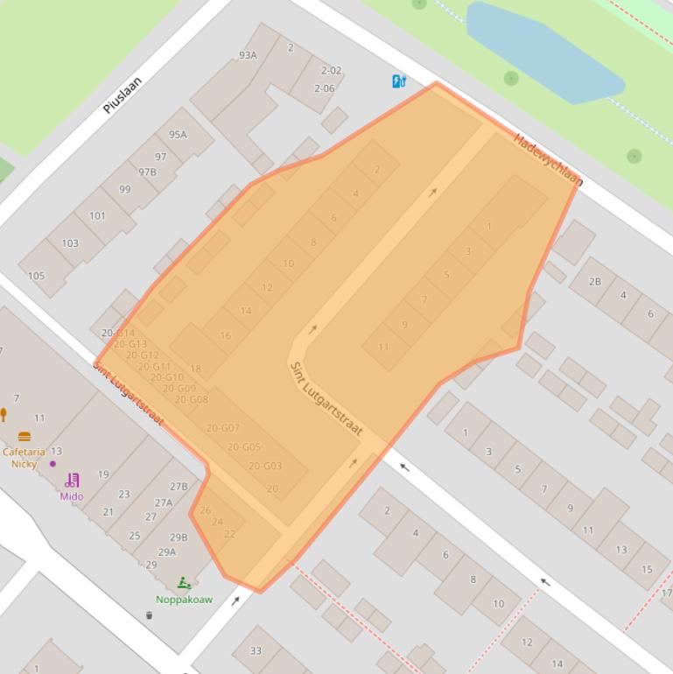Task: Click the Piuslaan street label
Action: coord(122,95)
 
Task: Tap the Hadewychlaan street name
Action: coord(547,159)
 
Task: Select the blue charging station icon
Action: coord(399,81)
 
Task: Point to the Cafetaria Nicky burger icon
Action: coord(24,436)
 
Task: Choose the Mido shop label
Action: coord(72,496)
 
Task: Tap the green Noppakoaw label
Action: coord(184,600)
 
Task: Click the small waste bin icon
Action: coord(149,615)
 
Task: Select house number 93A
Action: coord(248,55)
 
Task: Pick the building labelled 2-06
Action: coord(324,88)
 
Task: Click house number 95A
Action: coord(178,135)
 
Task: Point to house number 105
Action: coord(36,276)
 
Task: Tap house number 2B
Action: coord(595,282)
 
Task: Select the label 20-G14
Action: coord(118,333)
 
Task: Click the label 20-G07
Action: coord(223,428)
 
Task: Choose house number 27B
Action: coord(179,487)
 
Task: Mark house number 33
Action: coord(256,650)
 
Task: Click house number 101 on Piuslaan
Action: coord(97,215)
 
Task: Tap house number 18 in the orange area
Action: coord(195,369)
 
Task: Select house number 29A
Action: coord(166,551)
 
